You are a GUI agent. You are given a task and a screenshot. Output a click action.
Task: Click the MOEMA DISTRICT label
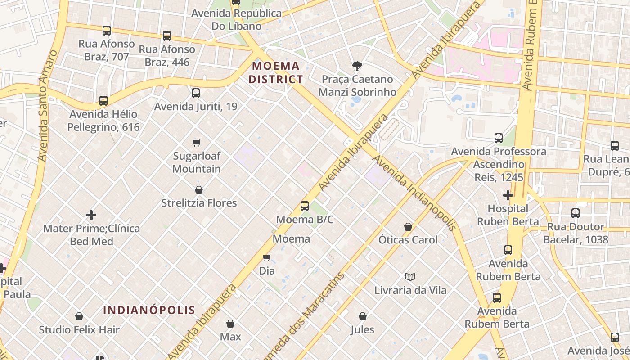click(276, 73)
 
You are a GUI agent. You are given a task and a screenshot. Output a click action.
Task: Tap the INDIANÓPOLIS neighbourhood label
click(149, 310)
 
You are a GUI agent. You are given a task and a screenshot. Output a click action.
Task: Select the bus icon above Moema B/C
click(305, 206)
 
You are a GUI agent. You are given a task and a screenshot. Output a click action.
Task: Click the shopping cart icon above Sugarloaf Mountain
click(197, 143)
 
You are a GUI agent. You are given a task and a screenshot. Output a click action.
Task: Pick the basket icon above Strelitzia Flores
click(199, 190)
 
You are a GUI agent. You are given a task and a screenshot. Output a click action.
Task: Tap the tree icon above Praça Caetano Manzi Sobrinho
click(357, 66)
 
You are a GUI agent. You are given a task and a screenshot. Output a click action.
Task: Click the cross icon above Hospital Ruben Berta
click(508, 195)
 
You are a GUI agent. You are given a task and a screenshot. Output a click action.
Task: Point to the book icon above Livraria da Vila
click(410, 277)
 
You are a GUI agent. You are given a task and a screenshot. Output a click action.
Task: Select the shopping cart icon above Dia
click(267, 257)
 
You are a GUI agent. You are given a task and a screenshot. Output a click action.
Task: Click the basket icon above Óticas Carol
click(408, 227)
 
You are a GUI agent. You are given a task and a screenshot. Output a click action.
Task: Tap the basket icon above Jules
click(362, 316)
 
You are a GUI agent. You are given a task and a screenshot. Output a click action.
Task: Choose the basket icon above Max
click(230, 324)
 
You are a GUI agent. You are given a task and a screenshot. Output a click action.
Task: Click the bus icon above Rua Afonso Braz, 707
click(107, 31)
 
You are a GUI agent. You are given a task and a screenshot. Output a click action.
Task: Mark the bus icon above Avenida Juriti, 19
click(196, 93)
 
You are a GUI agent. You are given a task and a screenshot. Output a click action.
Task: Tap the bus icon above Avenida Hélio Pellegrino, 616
click(103, 101)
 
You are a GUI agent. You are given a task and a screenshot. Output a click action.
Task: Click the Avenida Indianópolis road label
click(414, 193)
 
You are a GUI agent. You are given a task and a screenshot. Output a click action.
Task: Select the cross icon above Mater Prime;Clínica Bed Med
click(91, 215)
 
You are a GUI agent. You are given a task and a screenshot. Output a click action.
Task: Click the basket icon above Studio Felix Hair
click(79, 316)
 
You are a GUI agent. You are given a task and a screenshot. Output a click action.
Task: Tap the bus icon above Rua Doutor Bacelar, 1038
click(576, 213)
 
